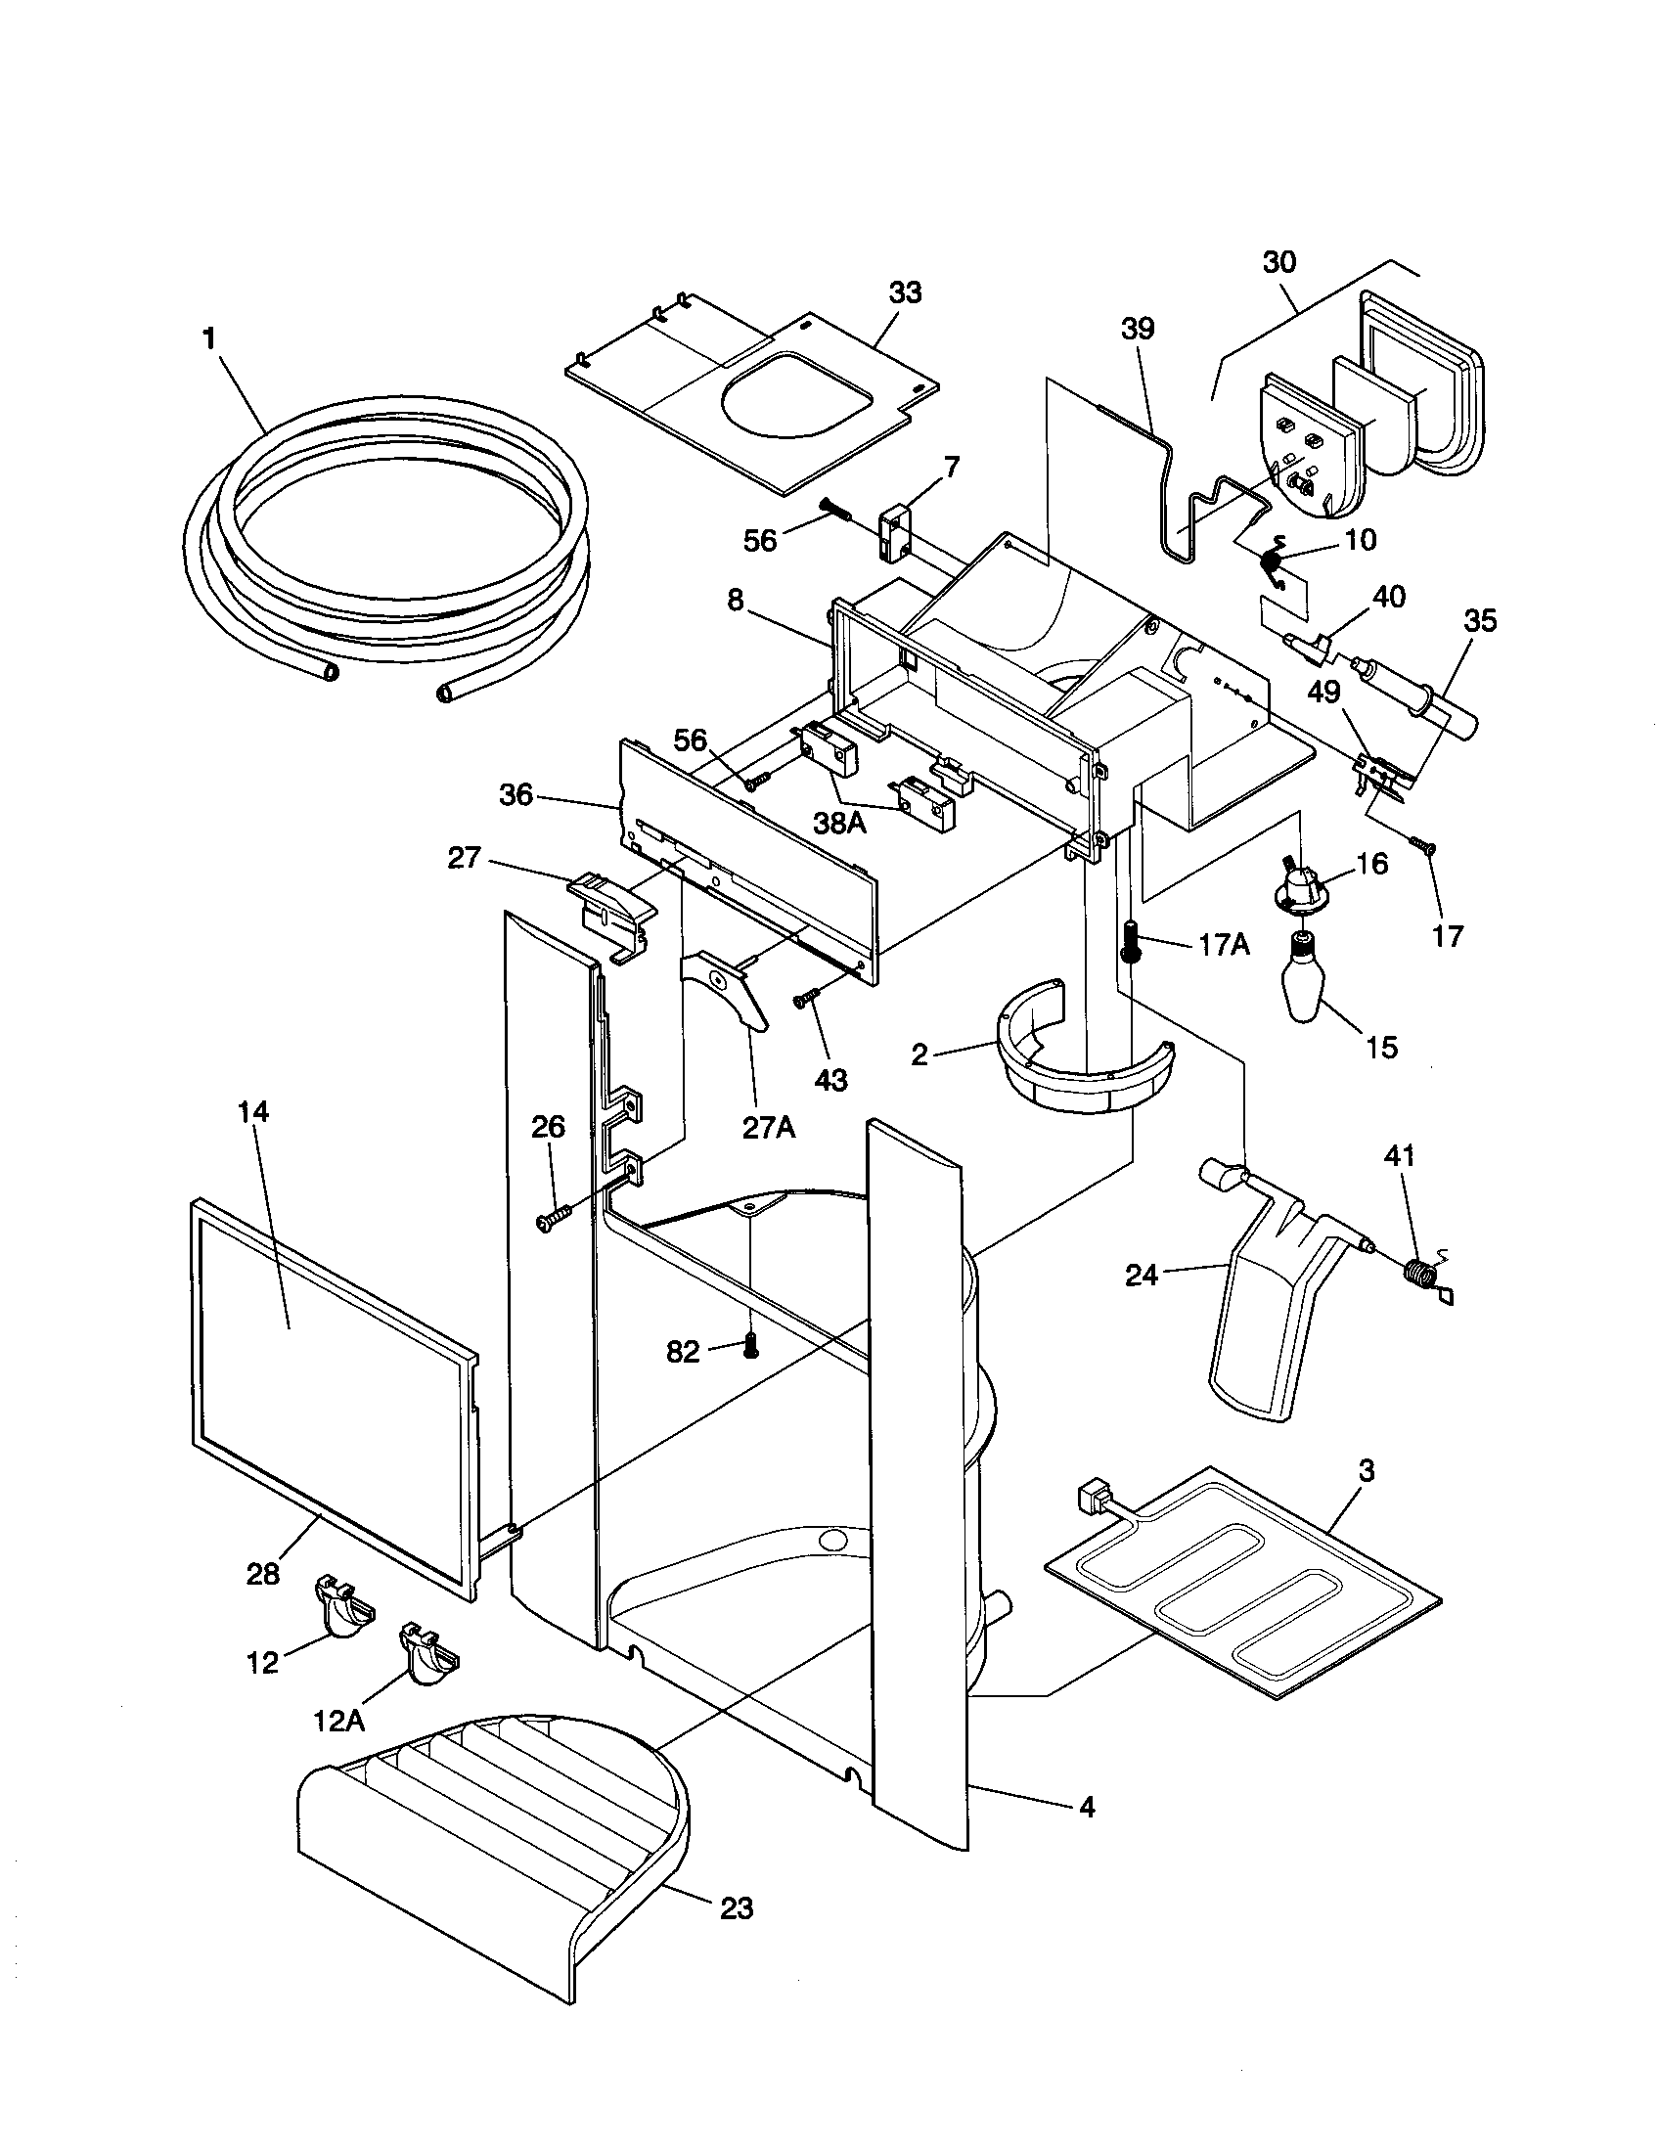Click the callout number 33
(x=905, y=292)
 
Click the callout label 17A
(x=1224, y=945)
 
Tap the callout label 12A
(x=338, y=1721)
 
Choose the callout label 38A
(x=839, y=823)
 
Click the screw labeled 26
(x=550, y=1220)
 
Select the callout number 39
(x=1137, y=328)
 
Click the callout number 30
(x=1278, y=262)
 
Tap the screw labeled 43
(x=805, y=1000)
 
